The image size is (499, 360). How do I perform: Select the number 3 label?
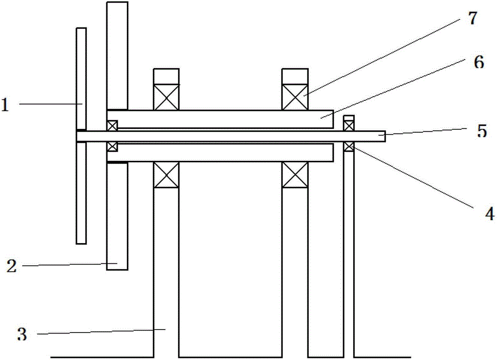(x=22, y=334)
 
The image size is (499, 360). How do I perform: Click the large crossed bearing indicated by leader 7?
(x=294, y=97)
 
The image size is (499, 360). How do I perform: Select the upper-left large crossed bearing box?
(x=166, y=97)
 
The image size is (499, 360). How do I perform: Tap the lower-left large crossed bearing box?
(x=166, y=175)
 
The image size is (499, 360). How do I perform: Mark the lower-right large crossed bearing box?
(x=294, y=175)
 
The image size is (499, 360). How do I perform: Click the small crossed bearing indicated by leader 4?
(x=349, y=146)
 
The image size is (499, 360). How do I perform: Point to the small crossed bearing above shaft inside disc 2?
(x=112, y=125)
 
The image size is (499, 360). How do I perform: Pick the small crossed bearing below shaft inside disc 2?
(x=112, y=146)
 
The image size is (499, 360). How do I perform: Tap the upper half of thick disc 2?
(x=117, y=55)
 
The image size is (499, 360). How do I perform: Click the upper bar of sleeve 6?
(x=220, y=119)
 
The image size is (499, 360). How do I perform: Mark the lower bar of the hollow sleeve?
(x=220, y=153)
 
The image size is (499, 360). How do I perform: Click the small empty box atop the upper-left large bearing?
(x=166, y=76)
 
